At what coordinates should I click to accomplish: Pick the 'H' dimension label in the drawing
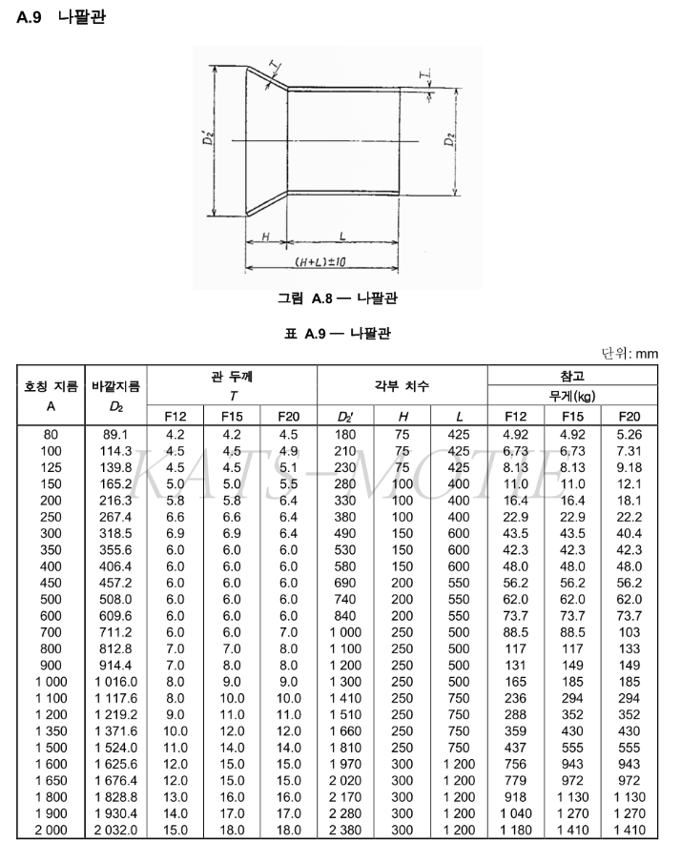pyautogui.click(x=267, y=235)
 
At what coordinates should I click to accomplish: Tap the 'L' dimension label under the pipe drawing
pyautogui.click(x=340, y=235)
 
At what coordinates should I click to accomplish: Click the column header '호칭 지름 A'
pyautogui.click(x=51, y=394)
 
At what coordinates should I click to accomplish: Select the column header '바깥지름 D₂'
pyautogui.click(x=115, y=394)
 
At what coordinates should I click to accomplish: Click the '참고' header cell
pyautogui.click(x=572, y=375)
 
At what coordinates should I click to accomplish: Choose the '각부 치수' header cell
pyautogui.click(x=402, y=386)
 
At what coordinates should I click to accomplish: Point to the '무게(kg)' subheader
pyautogui.click(x=572, y=396)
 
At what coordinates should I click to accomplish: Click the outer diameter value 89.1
pyautogui.click(x=115, y=435)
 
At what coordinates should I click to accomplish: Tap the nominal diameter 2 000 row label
pyautogui.click(x=50, y=830)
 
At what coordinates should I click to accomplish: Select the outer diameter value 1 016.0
pyautogui.click(x=115, y=682)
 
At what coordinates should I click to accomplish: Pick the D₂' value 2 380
pyautogui.click(x=345, y=830)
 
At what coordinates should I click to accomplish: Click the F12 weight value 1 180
pyautogui.click(x=517, y=830)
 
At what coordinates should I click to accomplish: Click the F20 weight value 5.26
pyautogui.click(x=629, y=435)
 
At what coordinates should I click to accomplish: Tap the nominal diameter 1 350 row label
pyautogui.click(x=50, y=731)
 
